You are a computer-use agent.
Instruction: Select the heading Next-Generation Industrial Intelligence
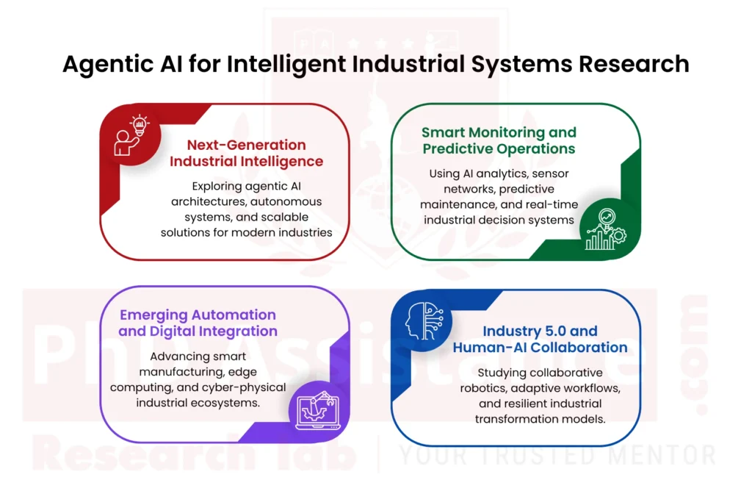(246, 152)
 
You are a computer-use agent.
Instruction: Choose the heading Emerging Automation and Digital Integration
(198, 323)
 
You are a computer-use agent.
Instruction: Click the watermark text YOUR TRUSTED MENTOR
(556, 455)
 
